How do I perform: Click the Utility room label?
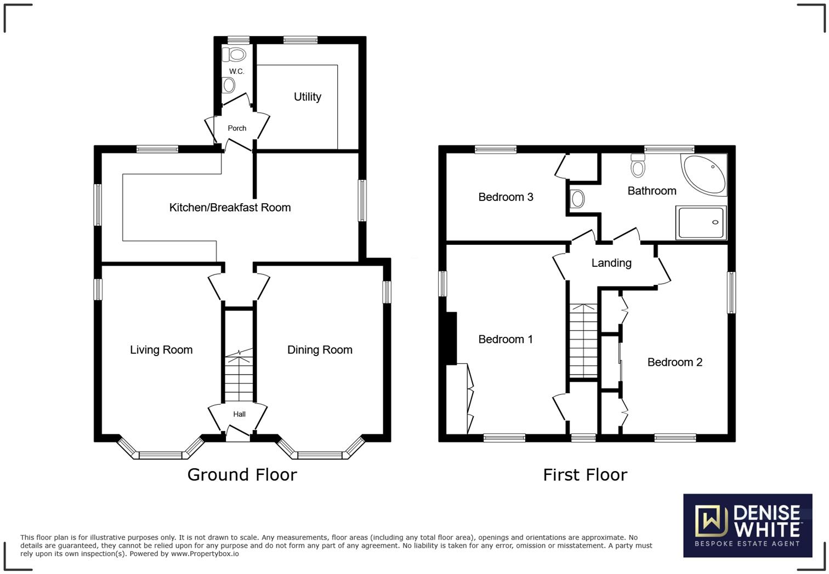pyautogui.click(x=307, y=97)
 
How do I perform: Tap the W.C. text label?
pyautogui.click(x=236, y=72)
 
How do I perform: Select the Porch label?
pyautogui.click(x=237, y=128)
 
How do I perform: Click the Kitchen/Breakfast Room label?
pyautogui.click(x=230, y=208)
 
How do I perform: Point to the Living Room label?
pyautogui.click(x=161, y=350)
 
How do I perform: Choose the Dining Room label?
pyautogui.click(x=320, y=350)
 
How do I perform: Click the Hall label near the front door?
pyautogui.click(x=239, y=415)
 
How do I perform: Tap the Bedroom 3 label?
pyautogui.click(x=506, y=197)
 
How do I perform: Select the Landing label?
pyautogui.click(x=611, y=263)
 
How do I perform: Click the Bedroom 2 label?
pyautogui.click(x=674, y=362)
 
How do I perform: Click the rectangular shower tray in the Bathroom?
pyautogui.click(x=701, y=222)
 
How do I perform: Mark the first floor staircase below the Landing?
pyautogui.click(x=583, y=340)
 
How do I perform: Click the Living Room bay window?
pyautogui.click(x=161, y=454)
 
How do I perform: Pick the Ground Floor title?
pyautogui.click(x=242, y=475)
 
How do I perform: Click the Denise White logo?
pyautogui.click(x=747, y=525)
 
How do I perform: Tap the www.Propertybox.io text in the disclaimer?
pyautogui.click(x=205, y=554)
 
